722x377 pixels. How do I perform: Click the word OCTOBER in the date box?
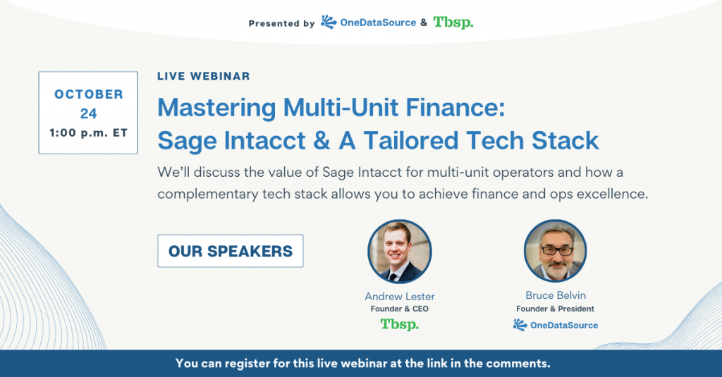point(88,94)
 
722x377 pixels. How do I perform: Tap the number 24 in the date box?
point(88,113)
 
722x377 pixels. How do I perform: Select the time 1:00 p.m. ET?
point(88,133)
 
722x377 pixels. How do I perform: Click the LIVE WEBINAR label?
point(203,76)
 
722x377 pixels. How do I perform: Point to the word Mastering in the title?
point(216,109)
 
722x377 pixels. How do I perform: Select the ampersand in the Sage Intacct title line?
point(322,140)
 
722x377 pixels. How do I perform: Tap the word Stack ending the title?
point(565,140)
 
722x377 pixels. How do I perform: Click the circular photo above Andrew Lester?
point(400,252)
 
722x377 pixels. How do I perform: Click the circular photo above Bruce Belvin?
point(556,251)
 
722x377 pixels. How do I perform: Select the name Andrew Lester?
point(400,297)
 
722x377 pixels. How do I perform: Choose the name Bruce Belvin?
point(556,295)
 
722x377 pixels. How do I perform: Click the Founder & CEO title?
point(400,309)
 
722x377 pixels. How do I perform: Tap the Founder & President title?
point(556,309)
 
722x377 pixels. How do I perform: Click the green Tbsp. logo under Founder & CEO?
point(400,325)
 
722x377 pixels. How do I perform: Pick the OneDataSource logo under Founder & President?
point(556,325)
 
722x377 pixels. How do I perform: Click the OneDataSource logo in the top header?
point(368,22)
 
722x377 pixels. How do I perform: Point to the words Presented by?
point(281,23)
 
